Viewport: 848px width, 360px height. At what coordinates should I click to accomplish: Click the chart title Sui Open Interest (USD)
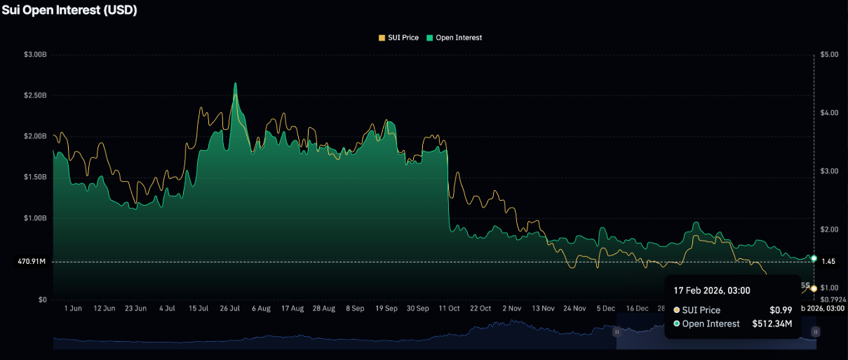click(69, 11)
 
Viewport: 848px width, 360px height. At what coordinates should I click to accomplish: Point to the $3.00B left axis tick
click(34, 54)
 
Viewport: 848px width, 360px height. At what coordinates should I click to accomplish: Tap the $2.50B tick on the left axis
click(34, 95)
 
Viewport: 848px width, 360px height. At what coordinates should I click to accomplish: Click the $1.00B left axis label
click(34, 218)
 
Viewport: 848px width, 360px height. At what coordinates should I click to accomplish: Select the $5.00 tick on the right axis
click(829, 54)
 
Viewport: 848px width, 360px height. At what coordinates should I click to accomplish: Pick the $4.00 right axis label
click(829, 113)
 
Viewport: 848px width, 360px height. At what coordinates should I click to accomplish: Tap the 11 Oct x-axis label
click(450, 308)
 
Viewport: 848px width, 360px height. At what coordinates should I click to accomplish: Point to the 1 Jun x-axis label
click(72, 308)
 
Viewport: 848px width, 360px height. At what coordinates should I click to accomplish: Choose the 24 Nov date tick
click(575, 308)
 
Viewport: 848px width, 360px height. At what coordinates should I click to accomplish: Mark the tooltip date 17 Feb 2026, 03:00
click(713, 291)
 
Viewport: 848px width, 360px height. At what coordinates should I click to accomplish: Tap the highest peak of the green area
click(235, 84)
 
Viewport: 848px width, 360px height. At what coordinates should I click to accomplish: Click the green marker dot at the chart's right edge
click(814, 258)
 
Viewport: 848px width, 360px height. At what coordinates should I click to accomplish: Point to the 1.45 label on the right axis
click(828, 262)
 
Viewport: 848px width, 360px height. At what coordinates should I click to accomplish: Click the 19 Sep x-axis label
click(386, 308)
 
